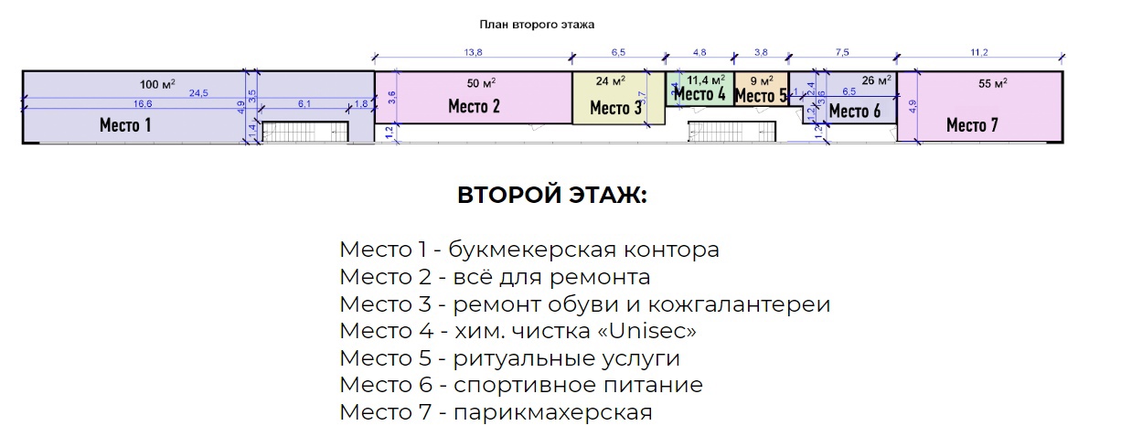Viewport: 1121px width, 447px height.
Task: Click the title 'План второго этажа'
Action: tap(537, 25)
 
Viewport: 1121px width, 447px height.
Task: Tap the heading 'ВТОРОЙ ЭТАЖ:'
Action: tap(551, 197)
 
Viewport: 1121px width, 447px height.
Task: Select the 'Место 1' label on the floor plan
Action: tap(125, 125)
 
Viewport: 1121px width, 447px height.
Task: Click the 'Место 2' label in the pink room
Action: tap(474, 106)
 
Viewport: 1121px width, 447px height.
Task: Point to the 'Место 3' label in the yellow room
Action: tap(615, 108)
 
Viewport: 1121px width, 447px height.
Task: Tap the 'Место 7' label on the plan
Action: tap(972, 124)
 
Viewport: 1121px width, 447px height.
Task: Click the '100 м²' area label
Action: tap(157, 84)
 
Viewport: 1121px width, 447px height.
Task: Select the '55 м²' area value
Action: tap(992, 83)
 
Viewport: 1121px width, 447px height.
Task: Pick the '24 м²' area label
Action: tap(611, 81)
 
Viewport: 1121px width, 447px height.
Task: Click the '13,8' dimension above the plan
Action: tap(474, 52)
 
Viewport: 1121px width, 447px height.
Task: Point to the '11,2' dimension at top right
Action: tap(980, 52)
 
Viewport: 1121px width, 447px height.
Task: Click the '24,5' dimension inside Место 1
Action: tap(199, 93)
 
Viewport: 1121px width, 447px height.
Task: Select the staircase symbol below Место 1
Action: tap(305, 133)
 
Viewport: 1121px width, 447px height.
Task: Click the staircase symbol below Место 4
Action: tap(719, 133)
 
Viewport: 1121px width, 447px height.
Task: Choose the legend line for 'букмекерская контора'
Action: tap(529, 250)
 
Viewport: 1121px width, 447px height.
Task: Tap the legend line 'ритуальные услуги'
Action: tap(509, 358)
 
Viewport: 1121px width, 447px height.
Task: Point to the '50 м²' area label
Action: tap(481, 82)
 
